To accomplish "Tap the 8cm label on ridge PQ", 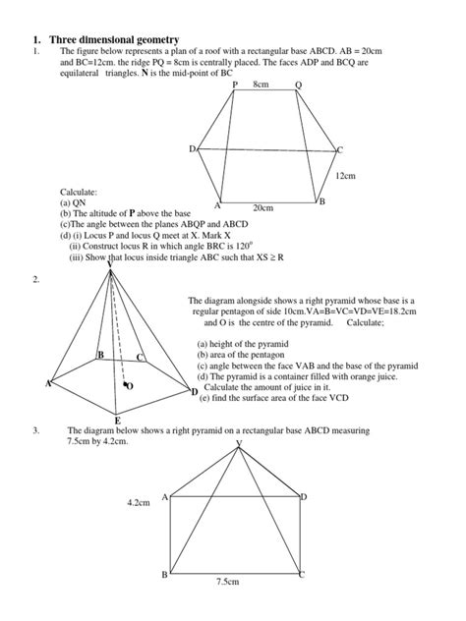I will [261, 85].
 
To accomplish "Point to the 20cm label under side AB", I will [263, 208].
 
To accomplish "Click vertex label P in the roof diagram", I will [235, 86].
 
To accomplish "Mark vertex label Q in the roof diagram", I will [299, 86].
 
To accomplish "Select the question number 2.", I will [35, 280].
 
